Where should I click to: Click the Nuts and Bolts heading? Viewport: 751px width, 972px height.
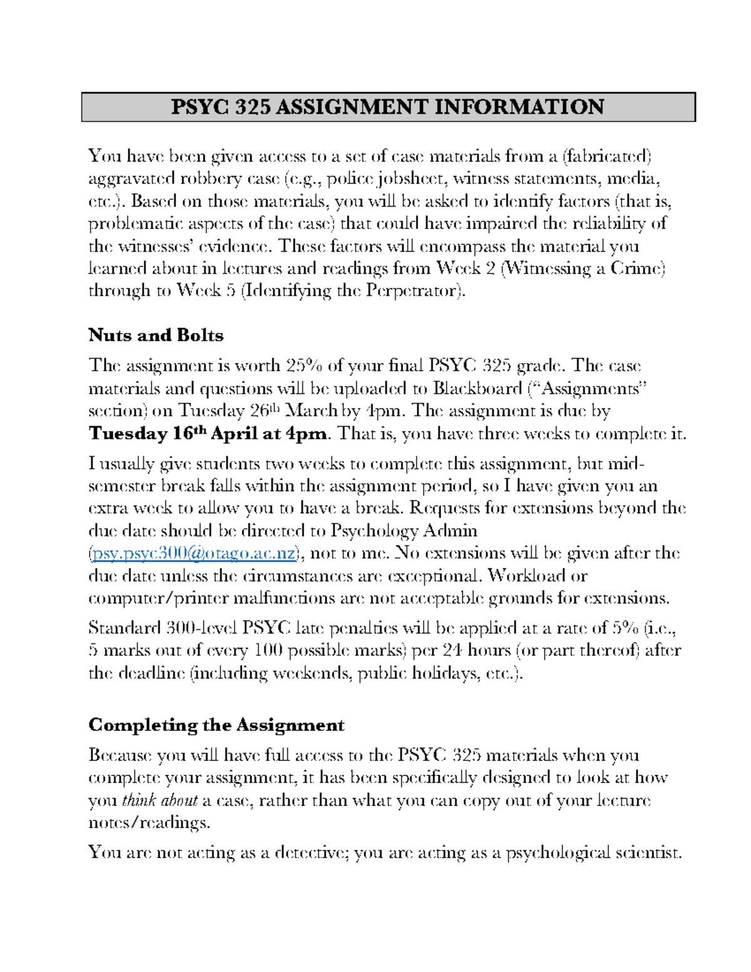[x=156, y=335]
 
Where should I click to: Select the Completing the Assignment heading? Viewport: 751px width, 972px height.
[x=216, y=725]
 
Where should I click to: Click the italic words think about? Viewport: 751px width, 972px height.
[x=160, y=801]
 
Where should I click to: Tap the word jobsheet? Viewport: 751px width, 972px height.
[x=410, y=179]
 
